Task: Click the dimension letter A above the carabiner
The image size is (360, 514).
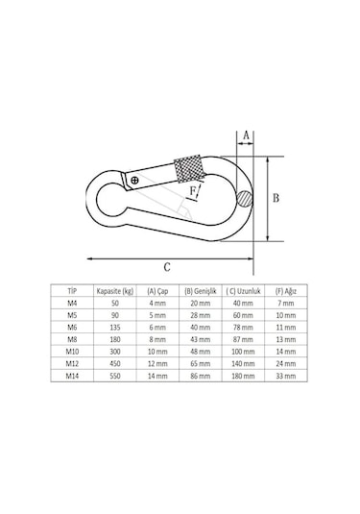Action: pyautogui.click(x=245, y=135)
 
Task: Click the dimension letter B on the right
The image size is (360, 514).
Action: pyautogui.click(x=275, y=199)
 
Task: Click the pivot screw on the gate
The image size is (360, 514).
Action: pyautogui.click(x=134, y=180)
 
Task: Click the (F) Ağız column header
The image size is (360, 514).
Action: pyautogui.click(x=285, y=289)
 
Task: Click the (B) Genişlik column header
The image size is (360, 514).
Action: pyautogui.click(x=202, y=289)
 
